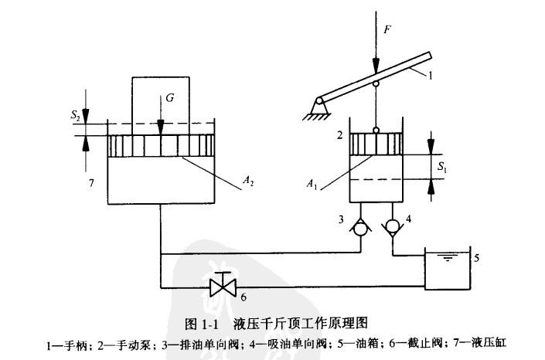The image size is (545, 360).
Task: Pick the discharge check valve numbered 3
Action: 360,226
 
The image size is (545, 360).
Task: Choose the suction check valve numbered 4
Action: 392,226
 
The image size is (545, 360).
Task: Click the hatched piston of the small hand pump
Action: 376,143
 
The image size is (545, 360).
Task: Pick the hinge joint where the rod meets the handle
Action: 376,83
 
